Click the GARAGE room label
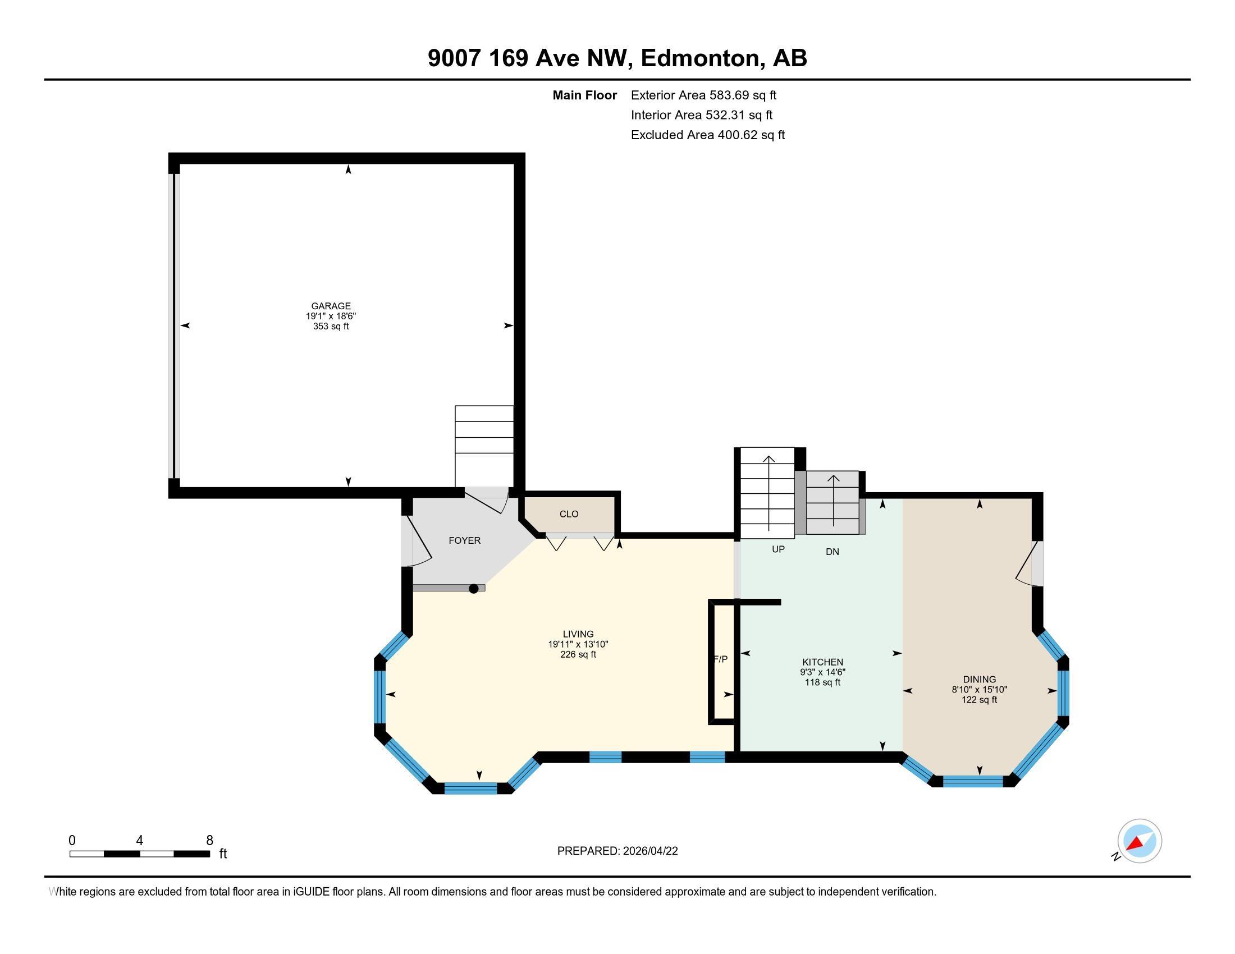pos(331,306)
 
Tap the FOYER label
pos(464,540)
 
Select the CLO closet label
pos(569,513)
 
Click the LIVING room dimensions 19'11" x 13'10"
pos(577,644)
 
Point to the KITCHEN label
pos(822,662)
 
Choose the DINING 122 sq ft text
pos(979,700)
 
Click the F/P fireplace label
pos(720,659)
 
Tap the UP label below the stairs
pos(778,549)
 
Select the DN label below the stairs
pos(832,552)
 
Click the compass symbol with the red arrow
pos(1139,841)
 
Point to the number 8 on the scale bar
pos(209,841)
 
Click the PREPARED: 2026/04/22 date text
pos(617,851)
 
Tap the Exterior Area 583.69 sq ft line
pos(703,95)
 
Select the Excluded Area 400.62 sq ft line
pos(707,135)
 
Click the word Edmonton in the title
pos(700,58)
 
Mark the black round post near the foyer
pos(474,589)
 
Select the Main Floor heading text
pos(584,95)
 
